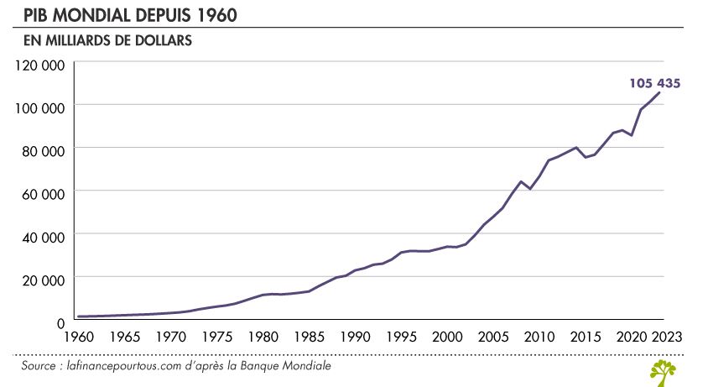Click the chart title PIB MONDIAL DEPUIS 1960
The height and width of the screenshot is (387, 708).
tap(119, 14)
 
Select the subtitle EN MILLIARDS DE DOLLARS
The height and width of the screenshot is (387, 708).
tap(102, 39)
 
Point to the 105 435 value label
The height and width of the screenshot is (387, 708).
tap(654, 83)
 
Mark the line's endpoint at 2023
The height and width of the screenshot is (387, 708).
tap(660, 92)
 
